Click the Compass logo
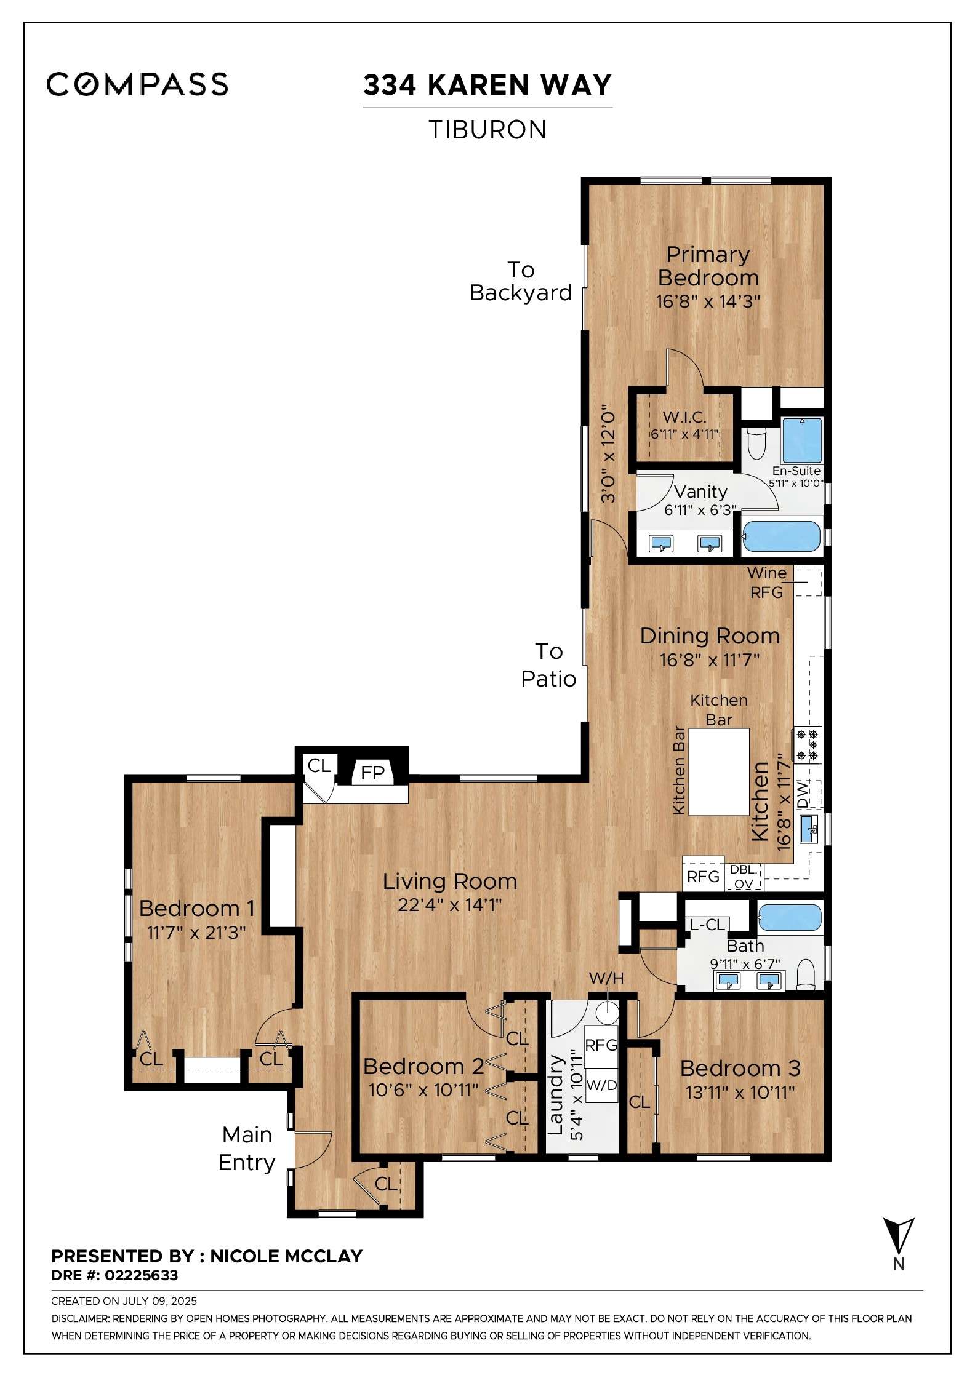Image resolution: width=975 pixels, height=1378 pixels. pyautogui.click(x=137, y=84)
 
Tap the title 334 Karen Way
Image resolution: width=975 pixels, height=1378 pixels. pyautogui.click(x=487, y=85)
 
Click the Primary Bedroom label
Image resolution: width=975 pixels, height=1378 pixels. pyautogui.click(x=708, y=266)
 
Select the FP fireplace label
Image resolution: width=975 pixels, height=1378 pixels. pyautogui.click(x=372, y=773)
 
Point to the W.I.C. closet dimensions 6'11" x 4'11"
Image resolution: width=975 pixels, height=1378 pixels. pyautogui.click(x=684, y=434)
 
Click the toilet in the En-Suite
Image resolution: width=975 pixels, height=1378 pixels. pyautogui.click(x=756, y=443)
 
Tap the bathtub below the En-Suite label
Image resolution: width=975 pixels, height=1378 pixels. pyautogui.click(x=782, y=536)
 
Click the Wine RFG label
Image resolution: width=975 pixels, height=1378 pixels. pyautogui.click(x=766, y=582)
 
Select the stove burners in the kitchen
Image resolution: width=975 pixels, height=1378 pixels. pyautogui.click(x=807, y=744)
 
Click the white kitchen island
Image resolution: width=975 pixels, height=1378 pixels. pyautogui.click(x=719, y=772)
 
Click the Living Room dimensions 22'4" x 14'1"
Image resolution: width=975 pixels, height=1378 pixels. pyautogui.click(x=449, y=905)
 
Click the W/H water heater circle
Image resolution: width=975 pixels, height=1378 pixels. pyautogui.click(x=609, y=1009)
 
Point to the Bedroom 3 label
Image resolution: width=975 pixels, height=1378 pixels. pyautogui.click(x=740, y=1069)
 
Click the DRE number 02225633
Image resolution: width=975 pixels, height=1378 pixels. pyautogui.click(x=141, y=1275)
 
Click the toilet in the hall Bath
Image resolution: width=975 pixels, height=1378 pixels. pyautogui.click(x=805, y=975)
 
